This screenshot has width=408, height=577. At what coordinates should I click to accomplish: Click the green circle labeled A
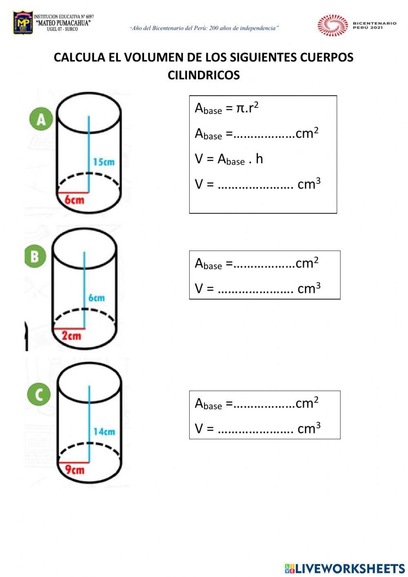(x=41, y=119)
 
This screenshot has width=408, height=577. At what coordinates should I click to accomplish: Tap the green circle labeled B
(x=35, y=256)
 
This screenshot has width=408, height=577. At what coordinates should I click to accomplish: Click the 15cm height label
(x=104, y=162)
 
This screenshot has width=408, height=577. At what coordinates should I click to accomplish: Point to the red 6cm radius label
(x=74, y=200)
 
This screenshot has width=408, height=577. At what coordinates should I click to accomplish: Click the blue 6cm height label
(x=96, y=298)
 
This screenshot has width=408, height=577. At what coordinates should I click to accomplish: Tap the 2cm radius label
(x=71, y=336)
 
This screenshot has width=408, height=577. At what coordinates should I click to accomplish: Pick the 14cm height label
(x=104, y=432)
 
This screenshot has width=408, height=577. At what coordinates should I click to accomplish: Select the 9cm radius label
(x=75, y=470)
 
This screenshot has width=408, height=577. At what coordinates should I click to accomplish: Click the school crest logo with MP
(x=23, y=23)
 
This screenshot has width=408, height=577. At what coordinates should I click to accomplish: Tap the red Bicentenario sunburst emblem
(x=333, y=25)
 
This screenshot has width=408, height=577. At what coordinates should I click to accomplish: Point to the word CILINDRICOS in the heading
(x=204, y=76)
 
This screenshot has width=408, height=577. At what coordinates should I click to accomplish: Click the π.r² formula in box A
(x=247, y=108)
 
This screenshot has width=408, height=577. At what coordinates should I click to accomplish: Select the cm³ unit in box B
(x=309, y=288)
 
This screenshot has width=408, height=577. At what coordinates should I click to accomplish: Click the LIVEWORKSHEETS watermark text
(x=350, y=568)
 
